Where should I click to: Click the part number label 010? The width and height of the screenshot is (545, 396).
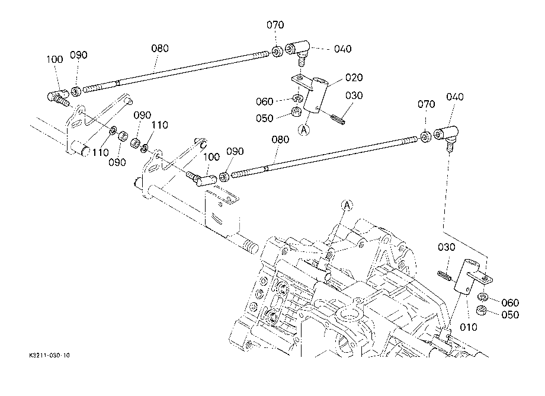(468, 327)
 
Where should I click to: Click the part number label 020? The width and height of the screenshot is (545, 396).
(354, 77)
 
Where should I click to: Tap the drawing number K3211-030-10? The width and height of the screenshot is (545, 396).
(49, 355)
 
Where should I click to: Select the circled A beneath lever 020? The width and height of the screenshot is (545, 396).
(304, 130)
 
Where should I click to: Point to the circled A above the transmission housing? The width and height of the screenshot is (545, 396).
(347, 206)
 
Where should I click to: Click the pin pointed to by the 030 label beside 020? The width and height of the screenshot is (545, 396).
(337, 119)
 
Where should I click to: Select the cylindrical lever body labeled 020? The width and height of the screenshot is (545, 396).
(316, 95)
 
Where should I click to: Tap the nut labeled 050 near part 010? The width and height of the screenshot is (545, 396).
(481, 310)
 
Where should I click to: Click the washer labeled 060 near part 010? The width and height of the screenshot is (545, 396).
(482, 297)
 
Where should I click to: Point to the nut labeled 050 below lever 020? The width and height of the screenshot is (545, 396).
(296, 112)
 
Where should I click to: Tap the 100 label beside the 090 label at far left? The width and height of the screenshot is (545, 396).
(54, 59)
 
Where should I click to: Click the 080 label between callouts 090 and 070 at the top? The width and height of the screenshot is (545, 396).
(160, 48)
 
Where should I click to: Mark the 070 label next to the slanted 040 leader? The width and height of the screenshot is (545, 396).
(426, 104)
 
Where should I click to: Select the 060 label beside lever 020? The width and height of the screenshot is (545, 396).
(265, 101)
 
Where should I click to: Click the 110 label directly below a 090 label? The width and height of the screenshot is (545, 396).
(160, 125)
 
